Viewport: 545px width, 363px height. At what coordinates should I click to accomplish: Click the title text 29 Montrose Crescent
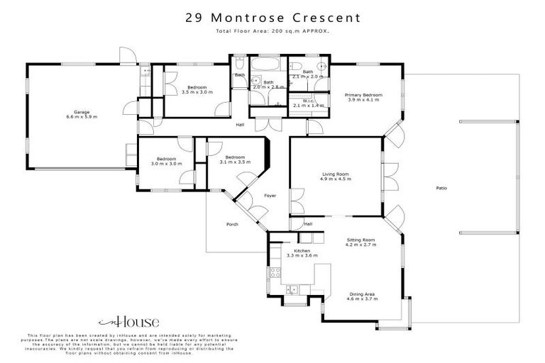click(272, 17)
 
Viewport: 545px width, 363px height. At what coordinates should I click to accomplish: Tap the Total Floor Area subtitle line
click(272, 32)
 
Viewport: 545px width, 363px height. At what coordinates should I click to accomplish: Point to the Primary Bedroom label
click(363, 95)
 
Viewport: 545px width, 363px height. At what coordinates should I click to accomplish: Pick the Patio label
click(441, 188)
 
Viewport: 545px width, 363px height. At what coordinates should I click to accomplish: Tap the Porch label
click(232, 225)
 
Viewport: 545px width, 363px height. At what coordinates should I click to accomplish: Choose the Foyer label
click(270, 195)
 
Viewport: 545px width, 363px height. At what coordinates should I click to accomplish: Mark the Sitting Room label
click(360, 240)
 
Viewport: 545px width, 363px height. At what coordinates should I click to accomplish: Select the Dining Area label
click(362, 294)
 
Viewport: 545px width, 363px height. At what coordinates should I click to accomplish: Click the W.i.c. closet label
click(308, 101)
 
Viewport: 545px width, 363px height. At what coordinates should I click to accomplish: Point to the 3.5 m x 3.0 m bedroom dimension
click(197, 92)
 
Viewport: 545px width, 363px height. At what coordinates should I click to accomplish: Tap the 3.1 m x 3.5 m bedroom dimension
click(235, 162)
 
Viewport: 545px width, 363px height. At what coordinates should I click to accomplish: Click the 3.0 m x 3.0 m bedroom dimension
click(167, 164)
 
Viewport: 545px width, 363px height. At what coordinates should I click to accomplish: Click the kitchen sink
click(292, 289)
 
